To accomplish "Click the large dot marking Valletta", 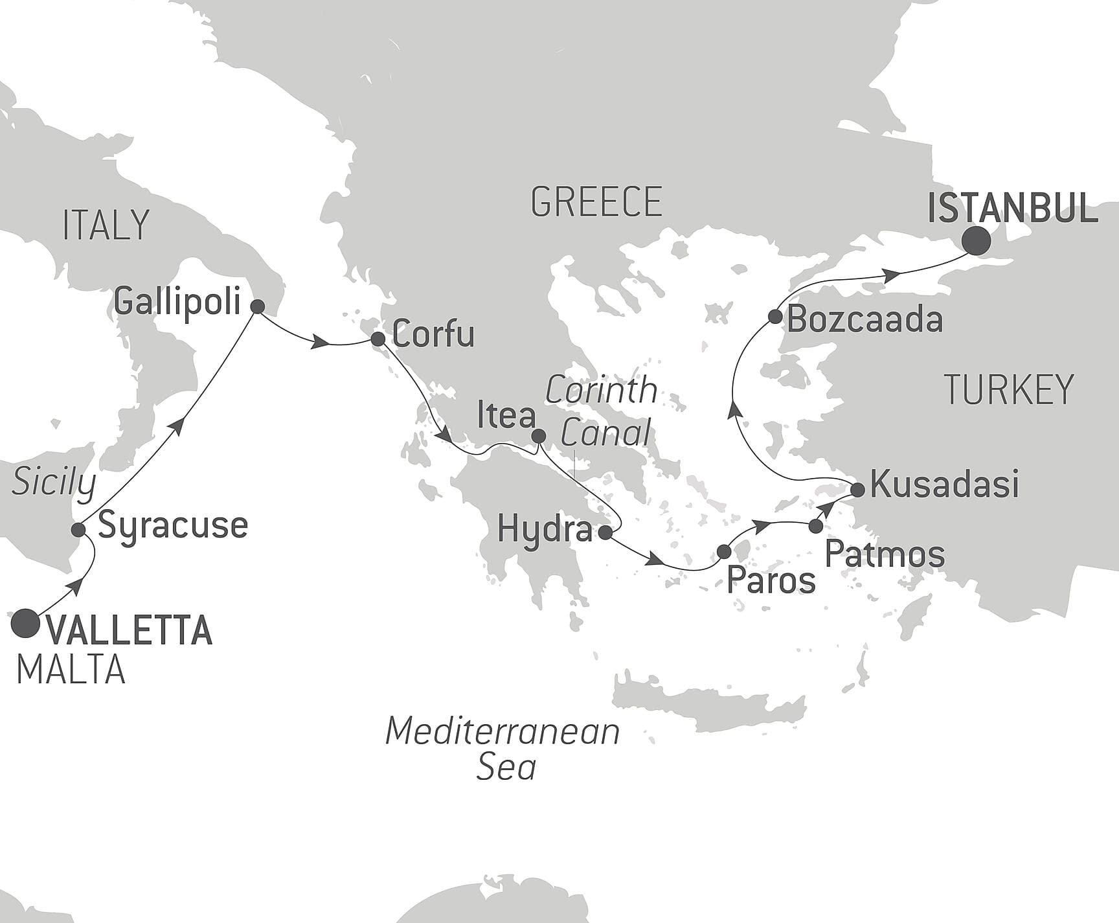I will (x=26, y=622).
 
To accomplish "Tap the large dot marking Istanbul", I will (x=976, y=242).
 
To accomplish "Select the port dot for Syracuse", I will (x=78, y=530).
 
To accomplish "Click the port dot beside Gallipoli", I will (x=257, y=307).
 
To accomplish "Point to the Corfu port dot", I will (x=378, y=339).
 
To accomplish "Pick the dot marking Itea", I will (x=538, y=437).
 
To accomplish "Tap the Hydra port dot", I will (x=605, y=533).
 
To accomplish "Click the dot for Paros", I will (x=724, y=552).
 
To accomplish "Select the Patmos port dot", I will (x=816, y=527).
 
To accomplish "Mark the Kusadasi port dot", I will (x=857, y=490).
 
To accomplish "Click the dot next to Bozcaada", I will (x=774, y=317).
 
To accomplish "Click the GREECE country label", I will (x=596, y=201).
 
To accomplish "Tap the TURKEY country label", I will (x=1009, y=389).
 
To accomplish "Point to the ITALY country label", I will (x=106, y=225).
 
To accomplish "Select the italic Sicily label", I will (x=54, y=482).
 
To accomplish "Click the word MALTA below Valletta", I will (x=71, y=670).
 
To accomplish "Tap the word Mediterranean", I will (x=503, y=732).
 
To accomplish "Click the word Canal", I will (x=605, y=433).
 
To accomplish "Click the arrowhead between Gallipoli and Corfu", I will (x=318, y=343).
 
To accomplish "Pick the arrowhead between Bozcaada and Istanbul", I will (x=892, y=275).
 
